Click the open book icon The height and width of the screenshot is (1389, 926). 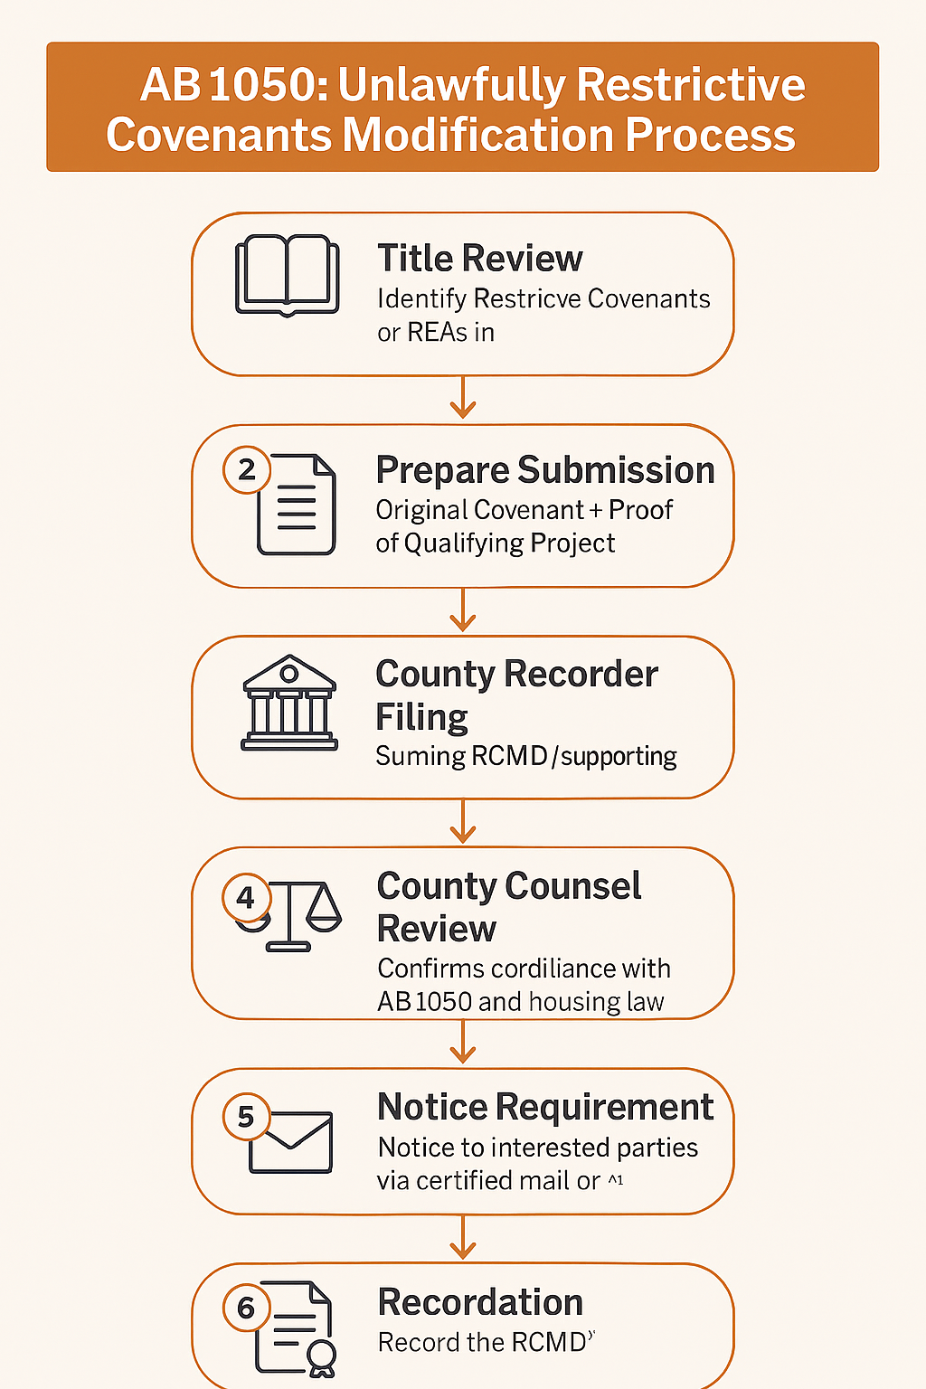(288, 275)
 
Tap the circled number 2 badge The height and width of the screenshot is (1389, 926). (246, 470)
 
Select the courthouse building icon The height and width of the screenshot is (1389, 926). (289, 703)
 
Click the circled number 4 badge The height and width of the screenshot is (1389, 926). (246, 898)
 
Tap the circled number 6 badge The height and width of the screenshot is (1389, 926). (246, 1308)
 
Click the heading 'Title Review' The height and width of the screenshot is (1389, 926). (479, 259)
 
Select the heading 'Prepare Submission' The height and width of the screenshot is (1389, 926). (544, 470)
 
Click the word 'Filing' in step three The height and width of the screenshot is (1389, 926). (421, 717)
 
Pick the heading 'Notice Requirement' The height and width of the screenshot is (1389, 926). (544, 1107)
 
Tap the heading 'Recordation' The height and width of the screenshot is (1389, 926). (479, 1302)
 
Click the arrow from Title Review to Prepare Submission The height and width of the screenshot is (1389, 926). (463, 399)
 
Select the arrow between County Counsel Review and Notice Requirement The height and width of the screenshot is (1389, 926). (463, 1043)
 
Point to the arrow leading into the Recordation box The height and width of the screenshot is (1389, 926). (463, 1238)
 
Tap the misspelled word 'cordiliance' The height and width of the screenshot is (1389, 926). (524, 969)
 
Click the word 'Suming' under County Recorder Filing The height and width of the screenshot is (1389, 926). (415, 756)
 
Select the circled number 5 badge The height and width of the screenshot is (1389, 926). (246, 1118)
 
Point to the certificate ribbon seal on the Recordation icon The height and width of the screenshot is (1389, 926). (322, 1357)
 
